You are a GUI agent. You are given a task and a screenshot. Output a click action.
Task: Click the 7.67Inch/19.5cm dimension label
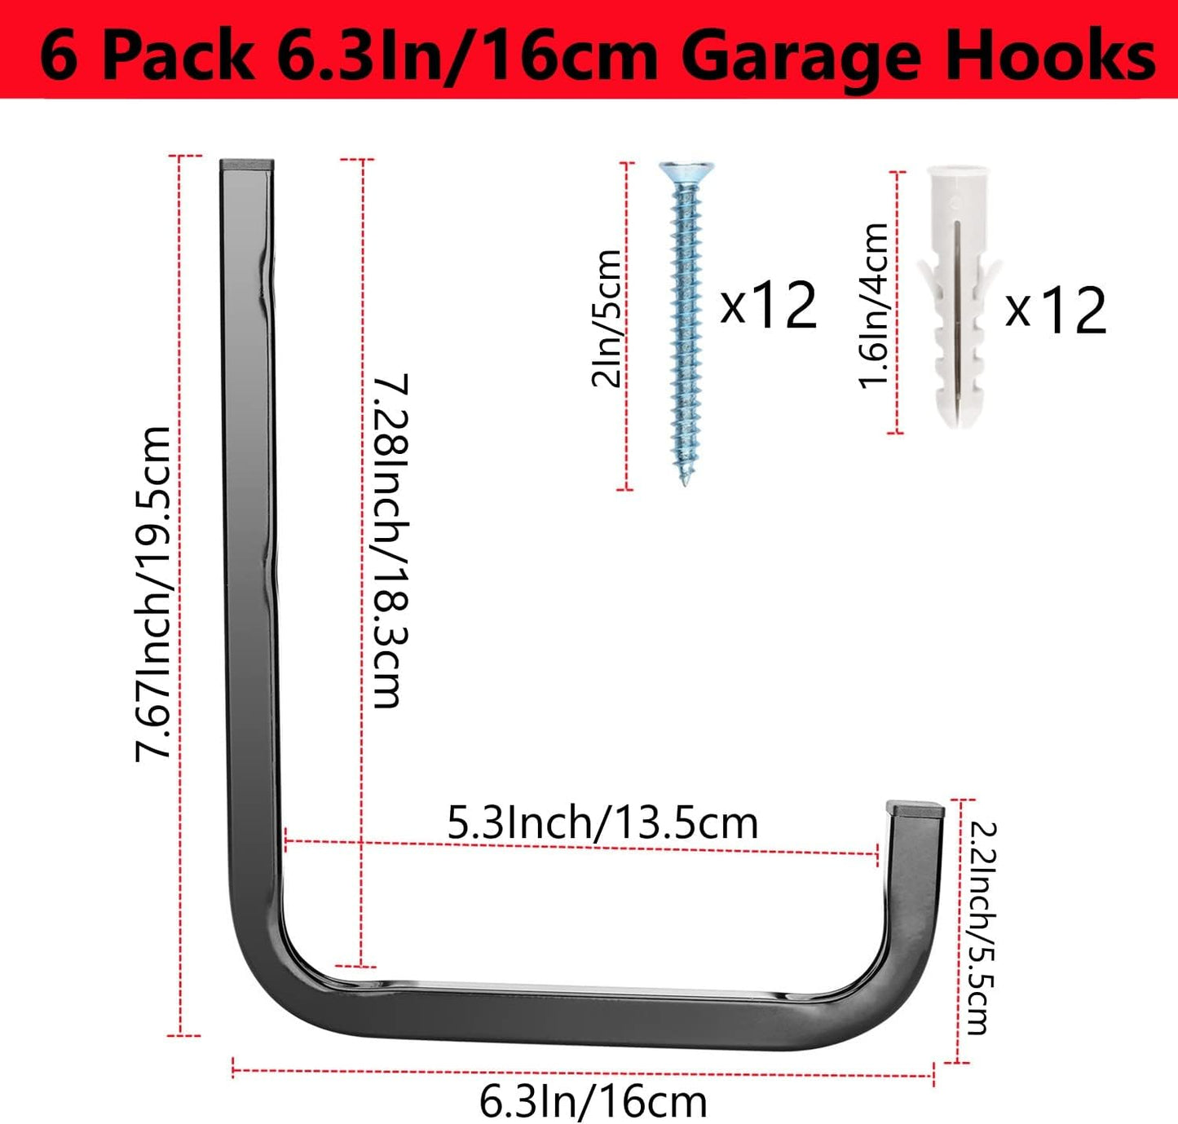(x=153, y=593)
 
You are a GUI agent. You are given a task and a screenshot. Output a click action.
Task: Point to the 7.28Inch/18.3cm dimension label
(x=390, y=540)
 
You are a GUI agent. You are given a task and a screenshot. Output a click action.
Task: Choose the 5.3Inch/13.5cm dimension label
(x=602, y=822)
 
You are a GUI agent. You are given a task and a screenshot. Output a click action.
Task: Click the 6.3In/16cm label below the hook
(x=593, y=1102)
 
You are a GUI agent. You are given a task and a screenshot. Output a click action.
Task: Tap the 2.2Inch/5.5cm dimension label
(x=977, y=927)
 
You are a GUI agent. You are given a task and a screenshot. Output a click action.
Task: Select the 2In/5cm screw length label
(x=607, y=318)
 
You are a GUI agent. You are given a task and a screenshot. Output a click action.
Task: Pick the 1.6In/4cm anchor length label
(x=875, y=306)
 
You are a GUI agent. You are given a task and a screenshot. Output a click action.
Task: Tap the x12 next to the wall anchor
(x=1056, y=310)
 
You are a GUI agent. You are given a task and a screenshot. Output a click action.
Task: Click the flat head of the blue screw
(x=686, y=171)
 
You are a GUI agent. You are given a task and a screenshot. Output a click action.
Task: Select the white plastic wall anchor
(x=957, y=293)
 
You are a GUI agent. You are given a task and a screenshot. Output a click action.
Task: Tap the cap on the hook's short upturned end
(x=915, y=809)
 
